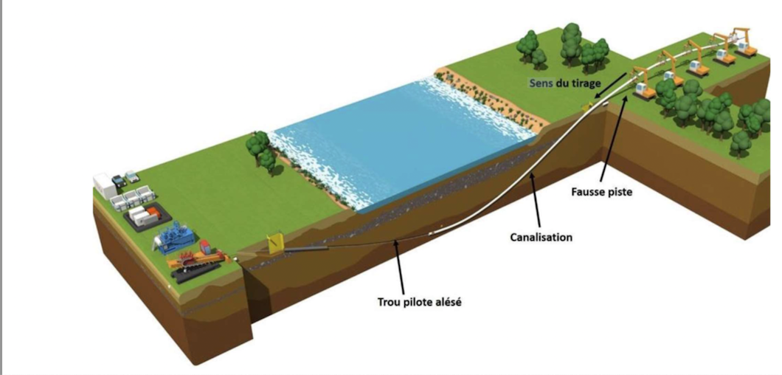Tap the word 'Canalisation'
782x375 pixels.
[x=541, y=238]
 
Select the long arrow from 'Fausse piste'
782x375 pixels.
[x=612, y=140]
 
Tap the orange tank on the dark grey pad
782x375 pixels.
[x=152, y=214]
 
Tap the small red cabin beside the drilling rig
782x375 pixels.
[x=204, y=246]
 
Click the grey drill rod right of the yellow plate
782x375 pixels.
[x=310, y=251]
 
